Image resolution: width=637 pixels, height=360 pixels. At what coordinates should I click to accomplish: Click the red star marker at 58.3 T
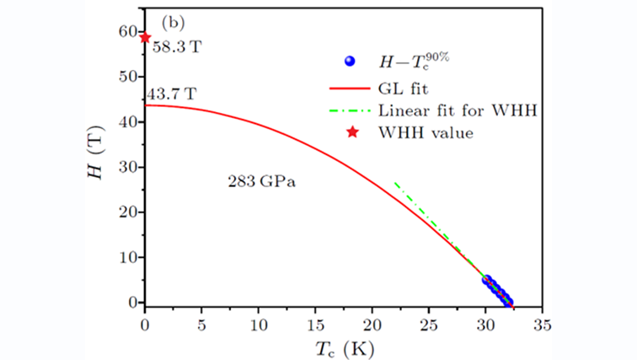tap(145, 37)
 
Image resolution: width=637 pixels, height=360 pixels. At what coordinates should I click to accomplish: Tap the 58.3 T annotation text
tap(177, 49)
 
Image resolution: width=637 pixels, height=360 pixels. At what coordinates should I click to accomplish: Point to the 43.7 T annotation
tap(172, 94)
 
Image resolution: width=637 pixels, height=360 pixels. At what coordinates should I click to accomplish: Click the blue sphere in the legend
tap(351, 61)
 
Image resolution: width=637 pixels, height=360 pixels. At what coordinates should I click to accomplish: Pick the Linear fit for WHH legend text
tap(459, 110)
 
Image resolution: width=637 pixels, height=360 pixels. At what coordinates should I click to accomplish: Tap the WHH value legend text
tap(422, 132)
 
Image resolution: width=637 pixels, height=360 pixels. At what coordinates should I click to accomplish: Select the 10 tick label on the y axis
tap(129, 257)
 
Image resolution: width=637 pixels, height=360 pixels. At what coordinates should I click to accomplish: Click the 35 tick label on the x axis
tap(543, 322)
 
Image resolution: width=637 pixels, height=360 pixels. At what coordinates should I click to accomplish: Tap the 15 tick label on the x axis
tap(316, 322)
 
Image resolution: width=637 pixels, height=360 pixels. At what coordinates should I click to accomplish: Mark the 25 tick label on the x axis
tap(430, 322)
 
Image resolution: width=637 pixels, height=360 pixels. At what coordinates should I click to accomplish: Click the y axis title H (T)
tap(100, 164)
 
